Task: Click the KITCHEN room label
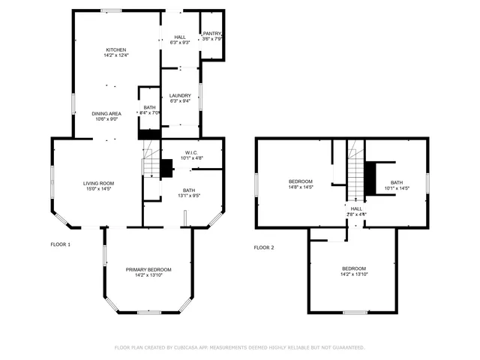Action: click(x=115, y=49)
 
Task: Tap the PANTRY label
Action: click(x=211, y=33)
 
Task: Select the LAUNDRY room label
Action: click(x=179, y=95)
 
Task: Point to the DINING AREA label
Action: click(x=106, y=113)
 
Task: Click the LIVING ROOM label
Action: click(x=97, y=183)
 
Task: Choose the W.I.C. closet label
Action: click(x=191, y=153)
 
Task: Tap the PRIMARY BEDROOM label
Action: click(x=148, y=269)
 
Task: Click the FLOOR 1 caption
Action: click(x=60, y=244)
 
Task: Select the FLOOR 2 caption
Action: click(x=264, y=247)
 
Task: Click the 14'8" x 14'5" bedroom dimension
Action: click(x=301, y=187)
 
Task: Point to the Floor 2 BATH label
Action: click(x=396, y=182)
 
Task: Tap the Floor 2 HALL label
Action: click(x=356, y=209)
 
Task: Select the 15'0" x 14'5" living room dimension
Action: click(x=97, y=189)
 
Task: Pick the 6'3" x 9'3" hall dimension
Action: click(x=180, y=43)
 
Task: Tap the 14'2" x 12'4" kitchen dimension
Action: click(x=115, y=55)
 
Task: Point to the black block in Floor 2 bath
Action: click(x=369, y=177)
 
